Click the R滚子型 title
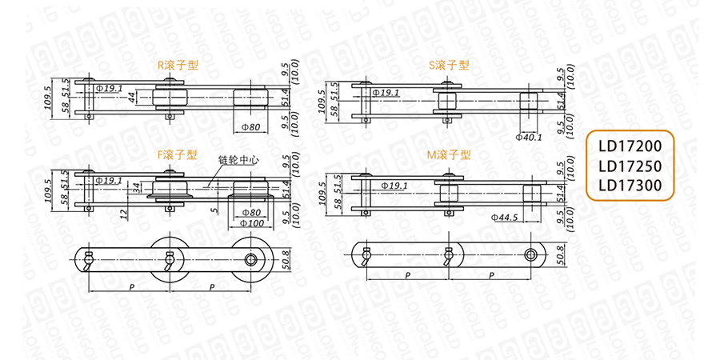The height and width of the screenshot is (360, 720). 178,66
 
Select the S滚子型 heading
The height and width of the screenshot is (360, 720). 449,66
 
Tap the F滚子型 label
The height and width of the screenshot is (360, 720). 178,155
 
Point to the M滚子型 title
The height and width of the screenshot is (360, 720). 449,155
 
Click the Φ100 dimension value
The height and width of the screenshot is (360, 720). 252,224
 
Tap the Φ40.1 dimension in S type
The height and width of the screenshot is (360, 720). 530,138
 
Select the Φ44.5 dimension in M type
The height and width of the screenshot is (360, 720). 505,218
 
